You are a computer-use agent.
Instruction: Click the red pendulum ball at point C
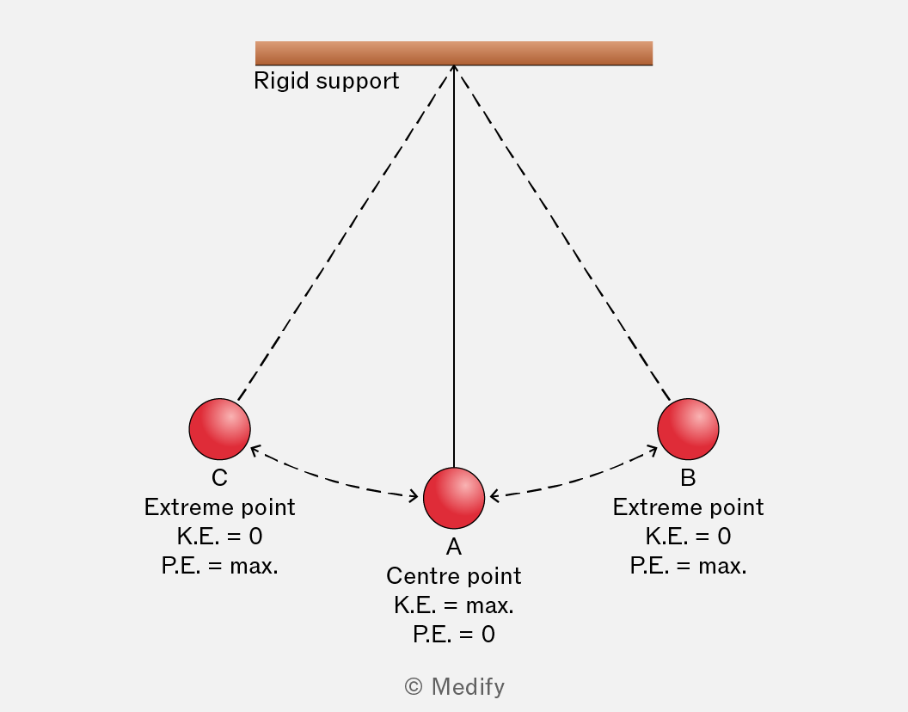(219, 429)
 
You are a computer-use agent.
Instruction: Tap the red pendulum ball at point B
(688, 429)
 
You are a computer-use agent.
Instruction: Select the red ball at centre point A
(454, 498)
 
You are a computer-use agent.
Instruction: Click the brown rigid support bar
(454, 53)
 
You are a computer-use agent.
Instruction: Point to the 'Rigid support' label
(327, 81)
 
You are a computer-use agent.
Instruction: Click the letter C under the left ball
(219, 478)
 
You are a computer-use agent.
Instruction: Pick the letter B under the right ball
(688, 478)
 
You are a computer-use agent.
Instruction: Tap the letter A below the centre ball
(454, 547)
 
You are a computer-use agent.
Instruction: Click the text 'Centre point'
(454, 576)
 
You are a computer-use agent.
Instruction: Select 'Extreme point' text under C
(219, 507)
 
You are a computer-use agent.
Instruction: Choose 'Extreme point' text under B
(688, 507)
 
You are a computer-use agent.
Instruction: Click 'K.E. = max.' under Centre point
(454, 605)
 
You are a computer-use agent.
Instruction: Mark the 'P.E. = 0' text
(454, 635)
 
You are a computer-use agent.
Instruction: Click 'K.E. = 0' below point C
(219, 537)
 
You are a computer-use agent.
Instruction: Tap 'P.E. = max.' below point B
(688, 566)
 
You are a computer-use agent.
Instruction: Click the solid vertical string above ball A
(454, 267)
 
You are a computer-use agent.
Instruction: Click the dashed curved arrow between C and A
(333, 478)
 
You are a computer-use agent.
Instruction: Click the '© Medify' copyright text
(455, 687)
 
